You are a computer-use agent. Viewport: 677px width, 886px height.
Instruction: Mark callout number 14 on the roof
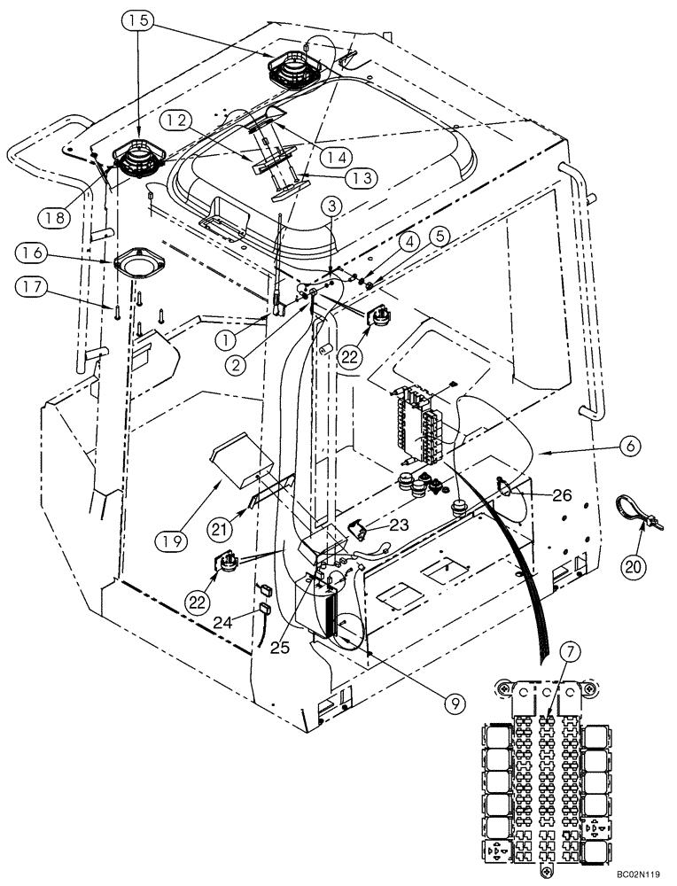tap(333, 156)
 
